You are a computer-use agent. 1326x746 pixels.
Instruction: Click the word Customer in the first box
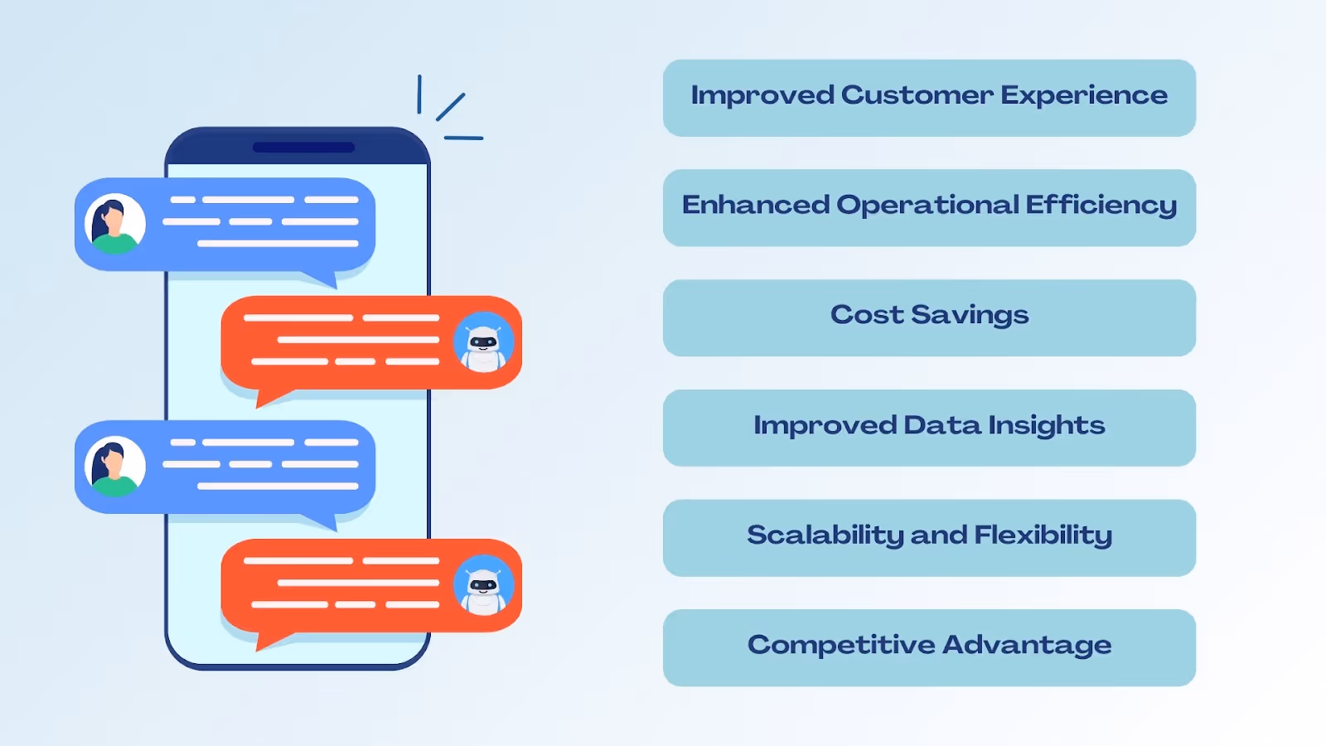[917, 95]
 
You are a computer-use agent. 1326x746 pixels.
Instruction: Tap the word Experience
[1084, 96]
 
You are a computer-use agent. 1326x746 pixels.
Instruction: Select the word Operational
[927, 206]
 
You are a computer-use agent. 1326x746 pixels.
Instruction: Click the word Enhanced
[755, 206]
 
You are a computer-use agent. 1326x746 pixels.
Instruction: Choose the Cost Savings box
[929, 317]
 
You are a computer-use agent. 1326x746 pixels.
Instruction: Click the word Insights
[1046, 426]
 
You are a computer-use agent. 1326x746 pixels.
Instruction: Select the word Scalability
[825, 535]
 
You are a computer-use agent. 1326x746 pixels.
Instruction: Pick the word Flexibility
[1043, 535]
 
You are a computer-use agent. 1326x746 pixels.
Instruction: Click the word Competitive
[840, 646]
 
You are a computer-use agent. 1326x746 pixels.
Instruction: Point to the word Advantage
[1027, 646]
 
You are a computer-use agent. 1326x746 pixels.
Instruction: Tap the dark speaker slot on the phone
[303, 148]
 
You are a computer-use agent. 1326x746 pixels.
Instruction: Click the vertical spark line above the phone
[419, 94]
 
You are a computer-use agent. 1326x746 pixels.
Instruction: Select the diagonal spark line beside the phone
[451, 107]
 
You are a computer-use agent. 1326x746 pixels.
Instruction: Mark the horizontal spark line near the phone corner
[463, 138]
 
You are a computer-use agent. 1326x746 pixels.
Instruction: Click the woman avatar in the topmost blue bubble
[115, 224]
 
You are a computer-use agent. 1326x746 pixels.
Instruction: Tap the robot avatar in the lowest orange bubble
[483, 585]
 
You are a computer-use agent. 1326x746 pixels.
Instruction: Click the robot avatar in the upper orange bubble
[483, 342]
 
